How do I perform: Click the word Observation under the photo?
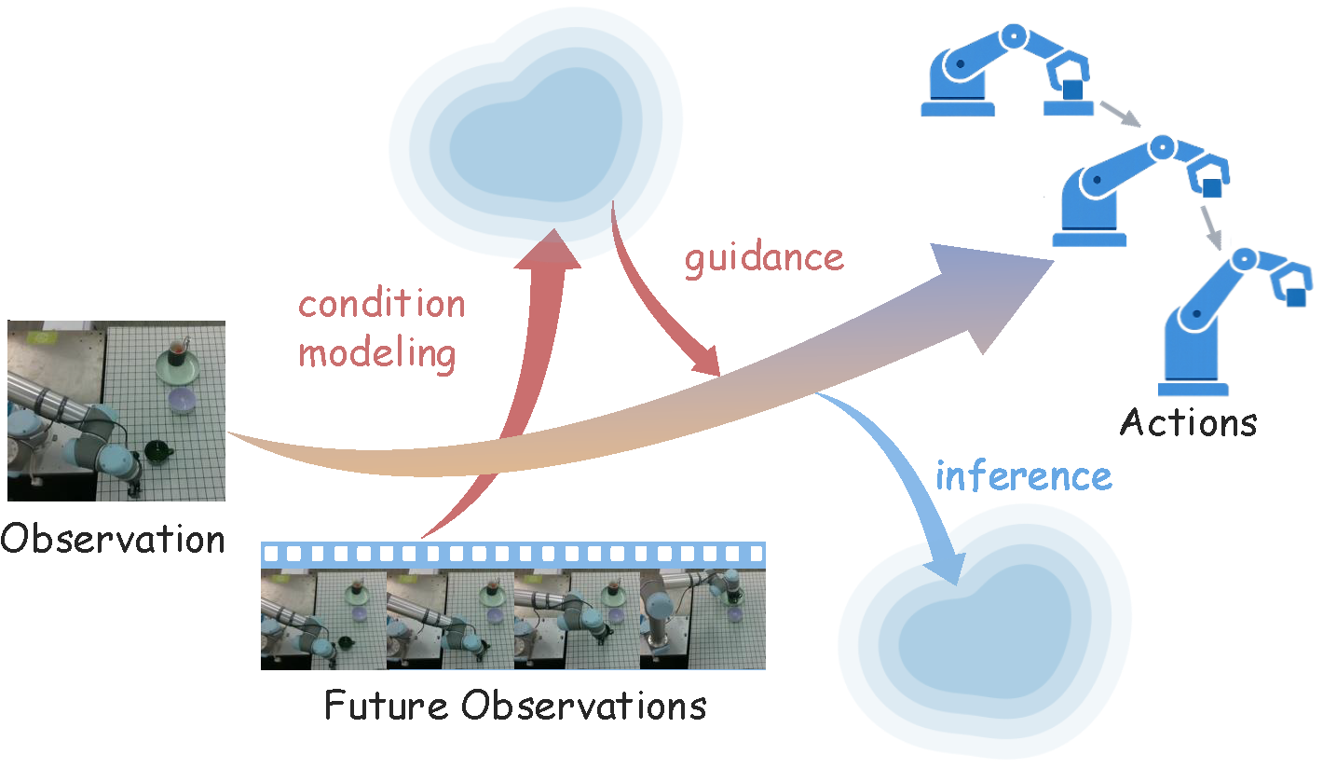coord(113,538)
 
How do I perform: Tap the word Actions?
coord(1188,422)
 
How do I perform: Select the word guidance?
coord(764,257)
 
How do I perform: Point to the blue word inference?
coord(1023,476)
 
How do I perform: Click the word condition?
coord(381,304)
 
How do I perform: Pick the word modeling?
coord(377,353)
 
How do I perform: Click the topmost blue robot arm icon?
coord(1006,70)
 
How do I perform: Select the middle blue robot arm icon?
coord(1141,191)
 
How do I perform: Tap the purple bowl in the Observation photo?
coord(182,402)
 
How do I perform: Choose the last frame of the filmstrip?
coord(702,620)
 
